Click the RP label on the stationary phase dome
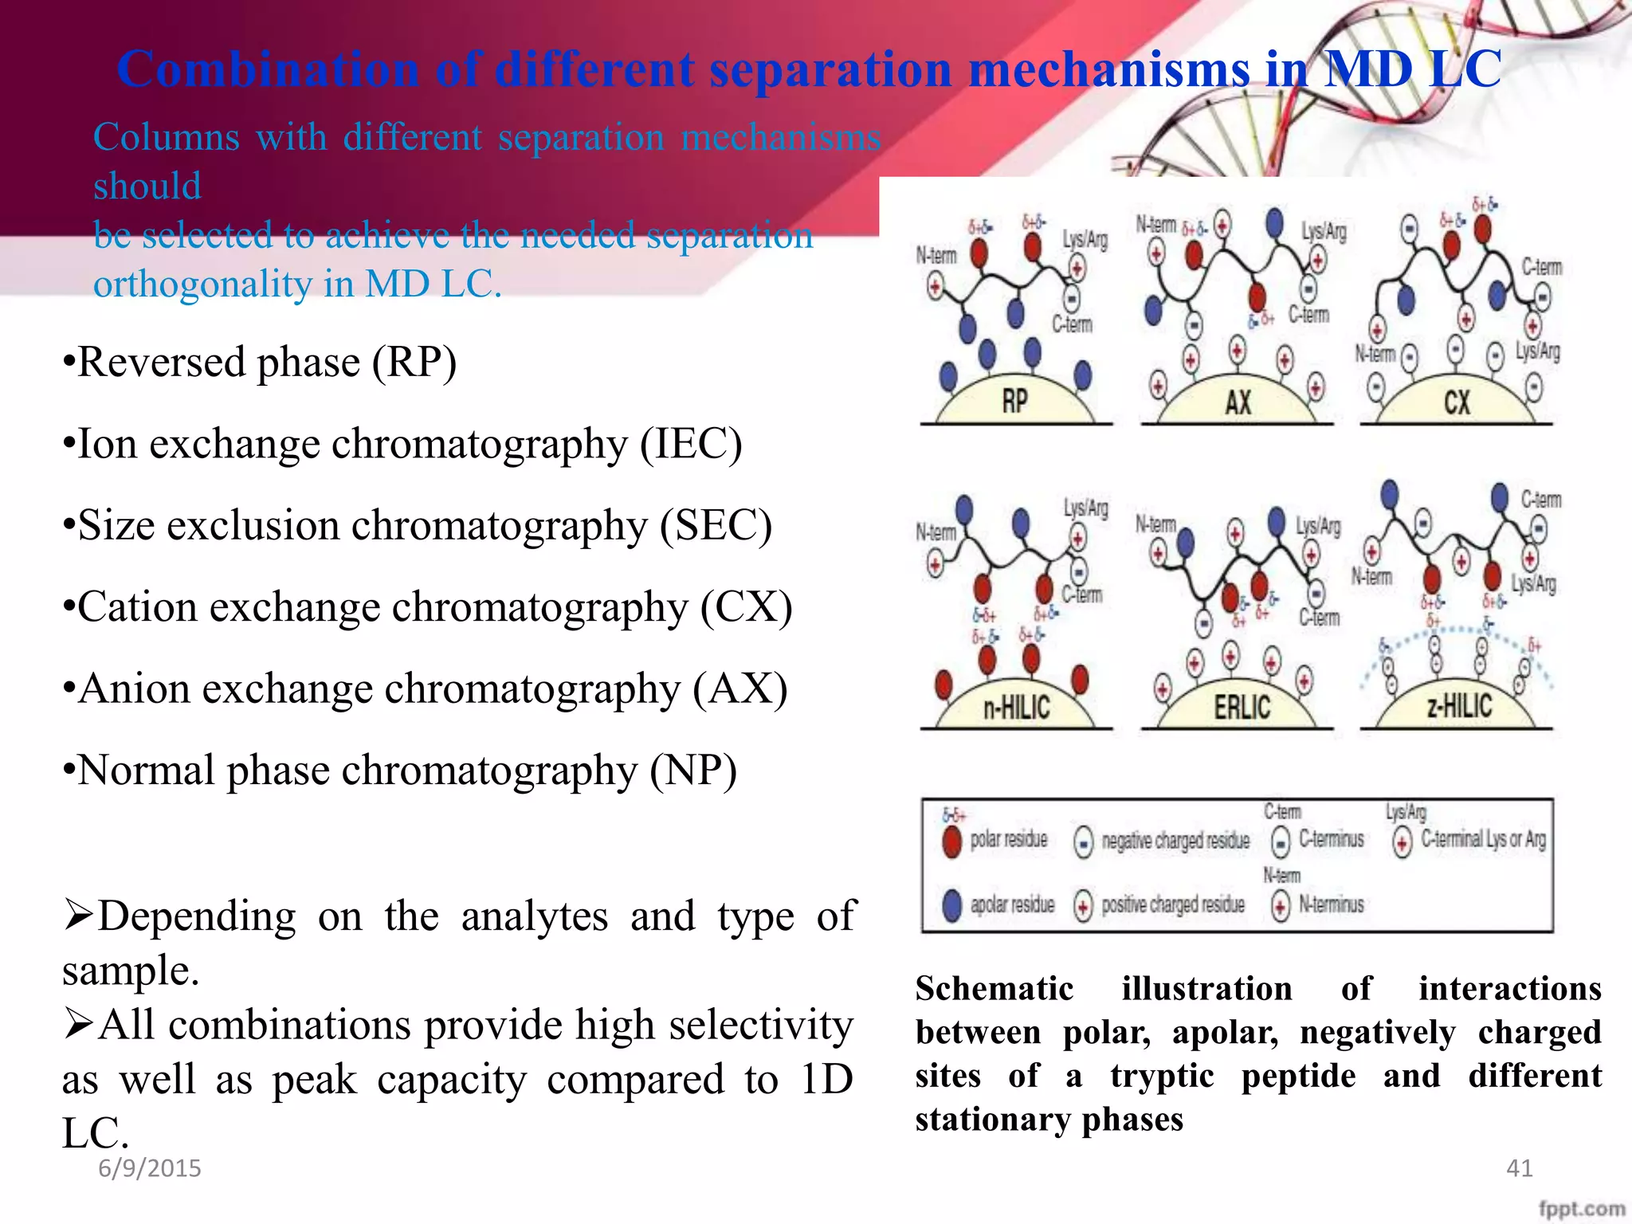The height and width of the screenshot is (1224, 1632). coord(1014,401)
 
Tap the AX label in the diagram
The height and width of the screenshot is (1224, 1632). coord(1238,402)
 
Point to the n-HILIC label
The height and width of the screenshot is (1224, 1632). coord(1016,707)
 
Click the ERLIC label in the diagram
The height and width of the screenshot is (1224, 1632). coord(1242,707)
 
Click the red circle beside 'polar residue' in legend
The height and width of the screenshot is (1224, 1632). coord(951,841)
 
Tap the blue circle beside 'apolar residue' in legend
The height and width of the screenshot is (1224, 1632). coord(951,905)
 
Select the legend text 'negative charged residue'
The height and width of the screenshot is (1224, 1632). coord(1175,841)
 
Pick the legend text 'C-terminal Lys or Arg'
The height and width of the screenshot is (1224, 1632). coord(1483,839)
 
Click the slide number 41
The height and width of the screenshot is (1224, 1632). coord(1519,1168)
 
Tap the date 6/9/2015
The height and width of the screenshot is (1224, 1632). coord(150,1168)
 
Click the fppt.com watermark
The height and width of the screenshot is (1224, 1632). coord(1581,1208)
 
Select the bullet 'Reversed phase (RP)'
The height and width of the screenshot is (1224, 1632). coord(260,363)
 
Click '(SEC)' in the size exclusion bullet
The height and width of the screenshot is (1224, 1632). coord(716,526)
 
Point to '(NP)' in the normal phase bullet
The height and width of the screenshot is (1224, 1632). coord(692,771)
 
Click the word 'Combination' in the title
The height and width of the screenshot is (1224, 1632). coord(268,69)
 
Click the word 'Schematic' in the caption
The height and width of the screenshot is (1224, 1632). coord(994,989)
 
